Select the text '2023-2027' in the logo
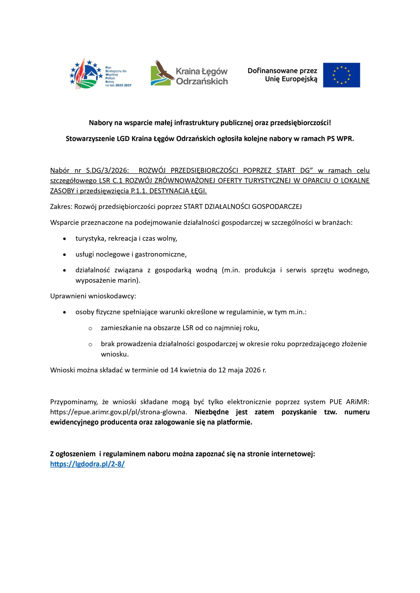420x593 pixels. [123, 85]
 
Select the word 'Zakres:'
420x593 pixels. [61, 207]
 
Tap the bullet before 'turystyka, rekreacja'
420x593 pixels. [65, 239]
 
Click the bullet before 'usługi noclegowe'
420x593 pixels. [65, 255]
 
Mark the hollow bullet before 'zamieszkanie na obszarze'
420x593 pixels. [90, 328]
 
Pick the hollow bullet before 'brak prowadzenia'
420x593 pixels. [90, 344]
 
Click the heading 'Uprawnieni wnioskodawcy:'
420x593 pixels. [93, 296]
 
